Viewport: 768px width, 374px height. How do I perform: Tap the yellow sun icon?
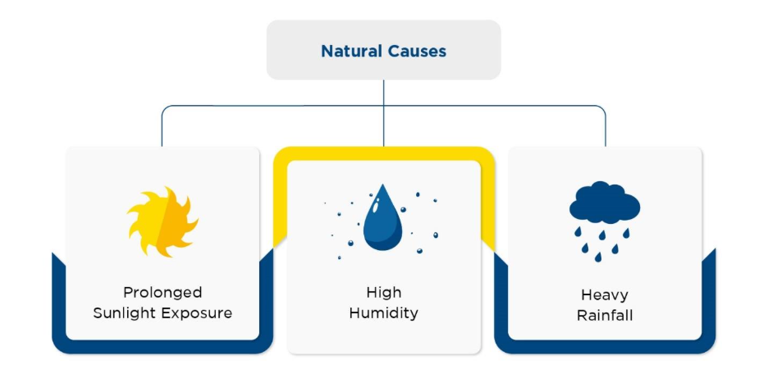(162, 221)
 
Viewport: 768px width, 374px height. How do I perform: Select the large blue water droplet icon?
(382, 222)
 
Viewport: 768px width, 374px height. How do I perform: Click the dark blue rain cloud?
(604, 204)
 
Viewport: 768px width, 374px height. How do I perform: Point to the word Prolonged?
(162, 293)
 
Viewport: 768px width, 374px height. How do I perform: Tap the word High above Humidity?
(383, 293)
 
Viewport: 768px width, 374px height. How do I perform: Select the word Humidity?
(383, 313)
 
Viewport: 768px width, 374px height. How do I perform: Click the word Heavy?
(604, 295)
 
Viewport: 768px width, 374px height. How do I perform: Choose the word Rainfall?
(604, 316)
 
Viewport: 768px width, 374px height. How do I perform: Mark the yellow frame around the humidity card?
(383, 153)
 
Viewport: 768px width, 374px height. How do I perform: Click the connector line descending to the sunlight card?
(162, 127)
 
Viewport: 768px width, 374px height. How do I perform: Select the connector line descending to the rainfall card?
(606, 127)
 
